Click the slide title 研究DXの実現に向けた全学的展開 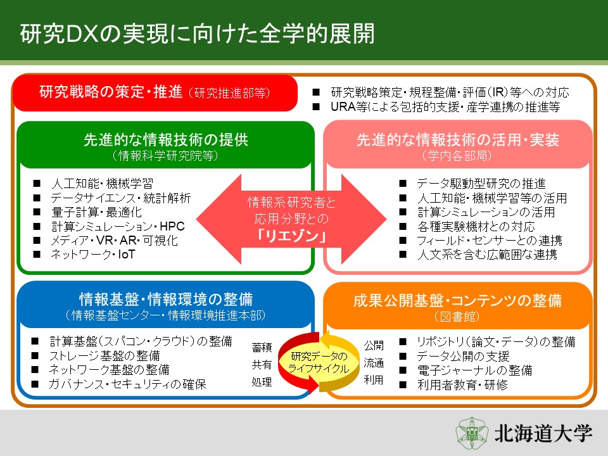pos(198,34)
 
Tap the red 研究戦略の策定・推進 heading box pos(155,93)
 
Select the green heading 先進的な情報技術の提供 pos(166,139)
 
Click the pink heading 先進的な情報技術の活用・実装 pos(457,139)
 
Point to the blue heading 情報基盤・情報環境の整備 pos(166,300)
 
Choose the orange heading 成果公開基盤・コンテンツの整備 pos(457,300)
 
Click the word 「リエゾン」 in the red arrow pos(291,236)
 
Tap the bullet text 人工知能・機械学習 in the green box pos(103,184)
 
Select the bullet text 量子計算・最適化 pos(96,212)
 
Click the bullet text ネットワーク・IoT pos(93,255)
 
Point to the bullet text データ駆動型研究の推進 pos(481,184)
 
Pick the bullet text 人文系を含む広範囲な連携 pos(487,255)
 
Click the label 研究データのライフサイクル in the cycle pos(319,362)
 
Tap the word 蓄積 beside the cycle pos(262,348)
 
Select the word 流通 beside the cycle pos(374,363)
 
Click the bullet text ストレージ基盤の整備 pos(104,355)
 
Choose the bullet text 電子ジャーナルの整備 pos(474,370)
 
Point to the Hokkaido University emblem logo pos(471,433)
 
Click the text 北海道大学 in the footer pos(543,433)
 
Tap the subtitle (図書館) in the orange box pos(457,317)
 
